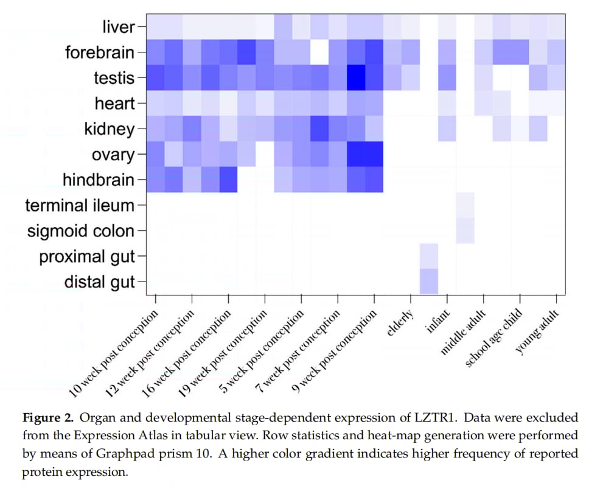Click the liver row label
point(119,27)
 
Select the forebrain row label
point(100,52)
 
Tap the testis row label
point(114,78)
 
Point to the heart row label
point(115,104)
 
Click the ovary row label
point(113,155)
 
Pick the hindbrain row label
point(99,180)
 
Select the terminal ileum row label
point(80,206)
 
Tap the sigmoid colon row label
point(80,232)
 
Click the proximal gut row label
point(87,257)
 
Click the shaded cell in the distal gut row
point(429,281)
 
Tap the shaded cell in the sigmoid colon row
point(465,232)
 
